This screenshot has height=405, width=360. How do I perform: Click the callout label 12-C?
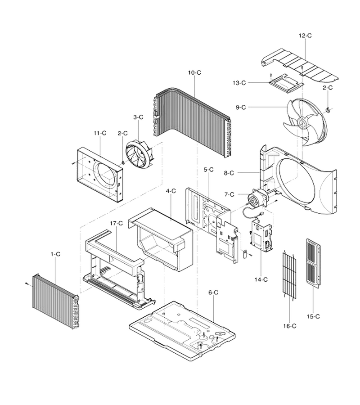tap(305, 36)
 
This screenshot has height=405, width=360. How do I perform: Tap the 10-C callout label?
tap(194, 72)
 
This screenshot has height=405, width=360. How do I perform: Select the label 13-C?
tap(239, 83)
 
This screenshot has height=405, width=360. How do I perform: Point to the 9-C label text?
tap(241, 107)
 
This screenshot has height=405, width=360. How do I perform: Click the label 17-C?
tap(116, 223)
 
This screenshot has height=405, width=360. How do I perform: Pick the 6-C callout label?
tap(213, 292)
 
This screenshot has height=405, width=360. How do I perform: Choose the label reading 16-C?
tap(289, 326)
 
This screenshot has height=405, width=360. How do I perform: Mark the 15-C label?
tap(313, 316)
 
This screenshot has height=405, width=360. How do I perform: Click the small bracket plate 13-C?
tap(285, 84)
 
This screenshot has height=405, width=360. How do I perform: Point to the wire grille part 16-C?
tap(289, 275)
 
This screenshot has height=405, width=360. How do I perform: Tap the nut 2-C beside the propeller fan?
tap(328, 110)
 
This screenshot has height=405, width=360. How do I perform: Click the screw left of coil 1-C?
tap(27, 284)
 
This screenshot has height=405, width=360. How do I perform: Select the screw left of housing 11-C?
tap(73, 163)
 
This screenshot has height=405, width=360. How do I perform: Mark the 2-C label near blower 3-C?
tap(123, 133)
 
